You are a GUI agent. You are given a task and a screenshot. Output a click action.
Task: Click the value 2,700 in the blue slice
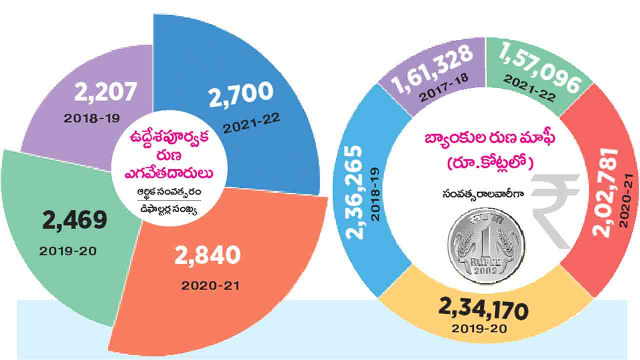[241, 94]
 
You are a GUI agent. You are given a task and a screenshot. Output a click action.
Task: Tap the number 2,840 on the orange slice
[207, 255]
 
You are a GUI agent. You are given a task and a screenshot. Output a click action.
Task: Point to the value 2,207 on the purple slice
[105, 93]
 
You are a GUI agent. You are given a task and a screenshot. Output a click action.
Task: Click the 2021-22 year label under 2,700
[252, 122]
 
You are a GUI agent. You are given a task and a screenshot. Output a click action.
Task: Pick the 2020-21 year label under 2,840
[210, 286]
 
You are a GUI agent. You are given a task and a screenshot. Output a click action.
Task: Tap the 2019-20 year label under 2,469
[68, 250]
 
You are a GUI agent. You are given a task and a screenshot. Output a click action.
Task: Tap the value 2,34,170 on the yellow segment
[483, 309]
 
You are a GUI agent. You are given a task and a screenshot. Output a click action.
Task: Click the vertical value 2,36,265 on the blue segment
[355, 192]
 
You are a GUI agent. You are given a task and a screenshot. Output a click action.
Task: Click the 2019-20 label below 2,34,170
[479, 329]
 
